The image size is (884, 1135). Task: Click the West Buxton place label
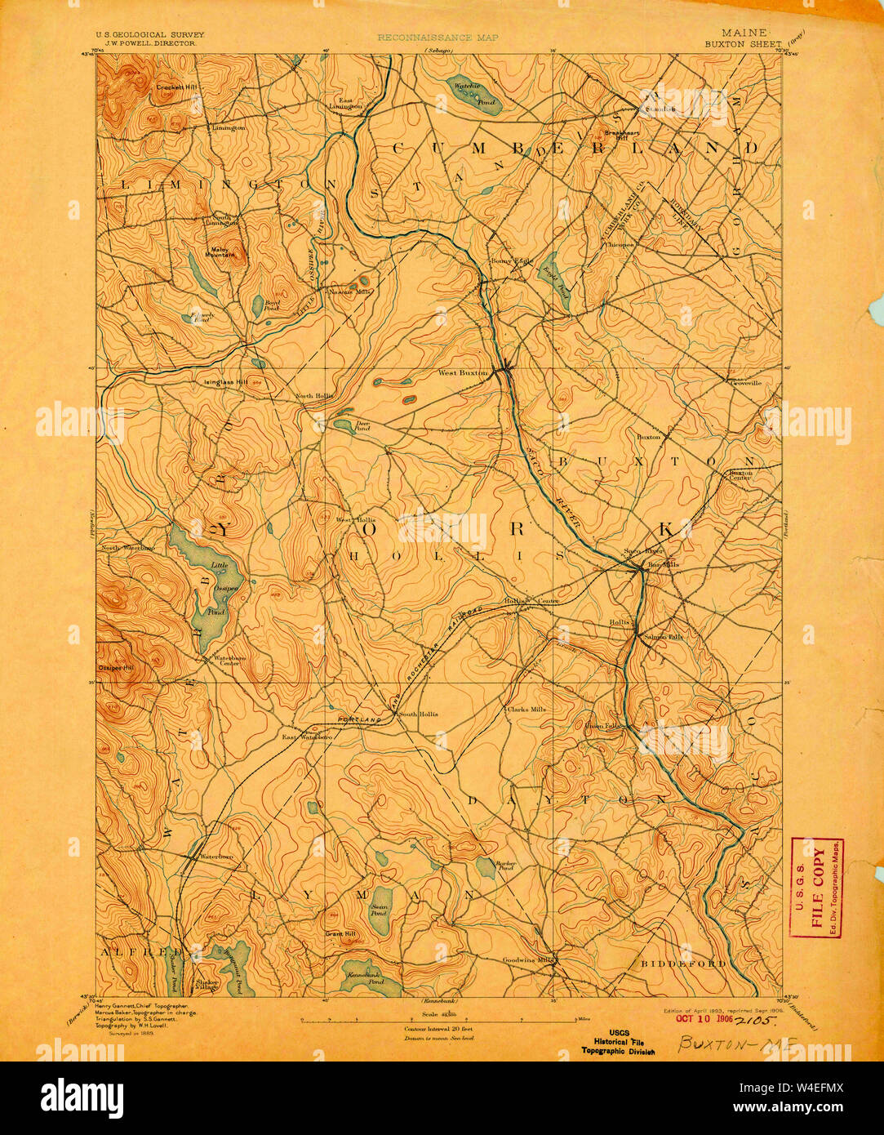point(462,373)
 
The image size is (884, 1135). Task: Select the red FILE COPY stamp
point(818,888)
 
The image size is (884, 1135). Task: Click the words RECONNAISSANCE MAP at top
point(438,38)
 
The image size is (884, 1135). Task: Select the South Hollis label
point(418,714)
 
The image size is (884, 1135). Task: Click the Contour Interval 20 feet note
point(438,1029)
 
